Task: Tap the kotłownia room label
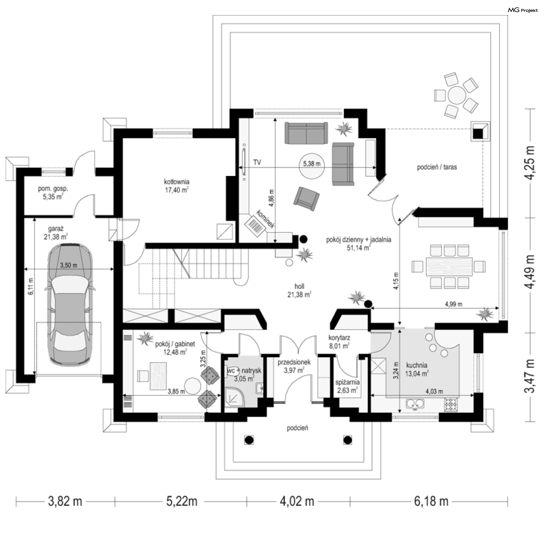coord(177,182)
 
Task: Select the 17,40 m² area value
coord(177,190)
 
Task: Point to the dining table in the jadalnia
coord(449,266)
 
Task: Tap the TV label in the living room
coord(257,163)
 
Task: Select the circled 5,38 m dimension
coord(312,164)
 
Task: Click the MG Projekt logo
coord(523,10)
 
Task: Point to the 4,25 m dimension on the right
coord(530,163)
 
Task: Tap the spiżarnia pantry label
coord(348,382)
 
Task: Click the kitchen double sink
coord(415,404)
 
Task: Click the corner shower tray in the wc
coord(234,398)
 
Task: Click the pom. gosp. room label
coord(53,189)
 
